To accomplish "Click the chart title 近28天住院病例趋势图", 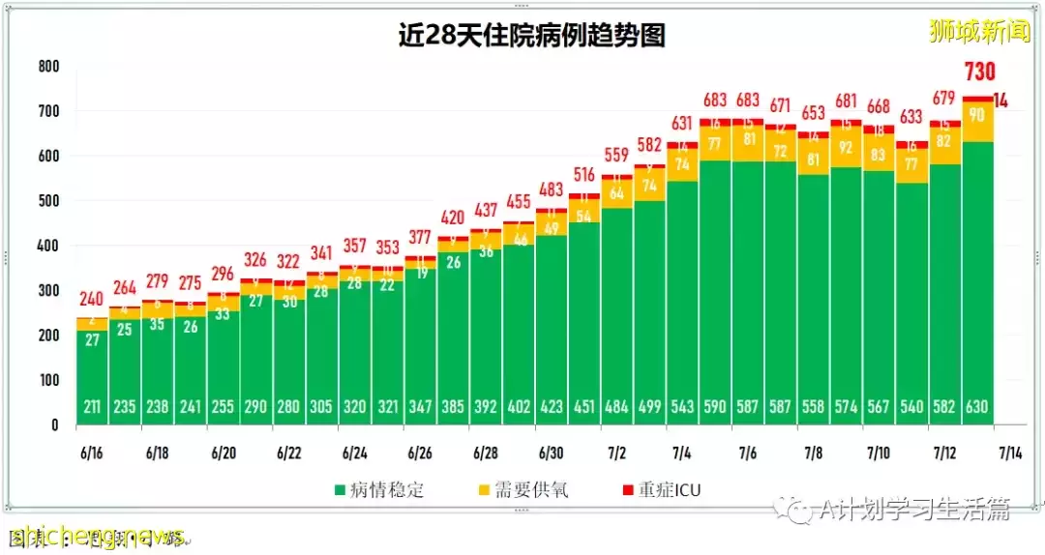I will coord(532,36).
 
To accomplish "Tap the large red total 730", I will coord(978,72).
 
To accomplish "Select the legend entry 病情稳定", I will coord(378,490).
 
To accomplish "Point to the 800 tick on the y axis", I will coord(47,67).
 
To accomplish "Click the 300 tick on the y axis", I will coord(47,291).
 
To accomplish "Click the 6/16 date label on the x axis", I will coord(94,453).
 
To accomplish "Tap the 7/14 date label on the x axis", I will coord(1010,453).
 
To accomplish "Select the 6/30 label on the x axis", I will coord(552,453).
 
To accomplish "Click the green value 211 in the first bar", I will coord(93,407).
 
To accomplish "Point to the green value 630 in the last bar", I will coord(977,407).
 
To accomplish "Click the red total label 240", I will coord(93,299).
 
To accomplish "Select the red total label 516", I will coord(584,175).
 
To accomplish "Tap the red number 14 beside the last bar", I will coord(1001,100).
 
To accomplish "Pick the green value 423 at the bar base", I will coord(552,407).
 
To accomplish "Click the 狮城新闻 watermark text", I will coord(979,31).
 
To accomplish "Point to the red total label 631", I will coord(682,123).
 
